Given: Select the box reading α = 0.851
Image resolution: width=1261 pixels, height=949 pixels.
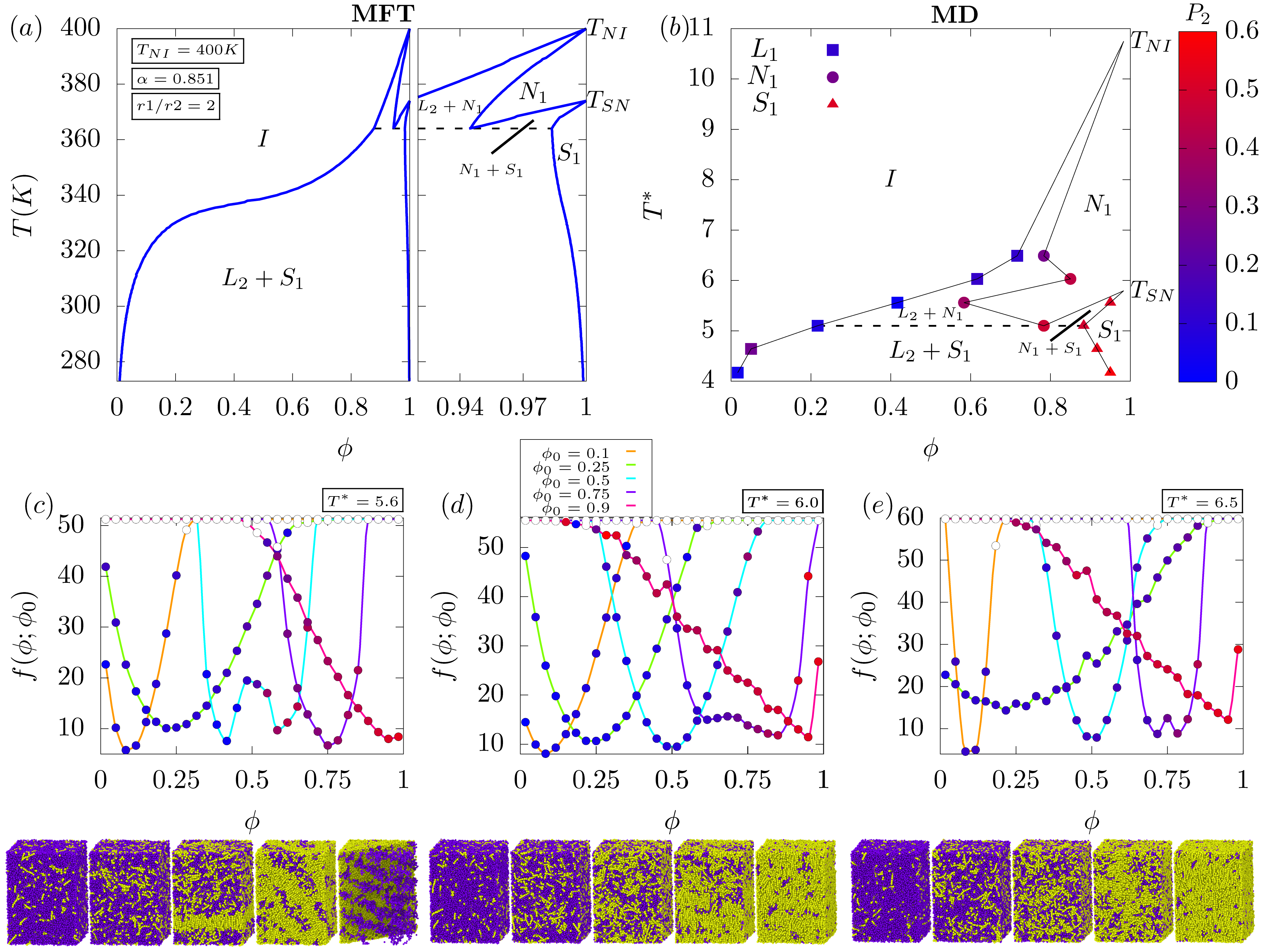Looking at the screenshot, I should pos(175,79).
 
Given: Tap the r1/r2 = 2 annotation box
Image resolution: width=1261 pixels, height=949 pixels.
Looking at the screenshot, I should pos(175,106).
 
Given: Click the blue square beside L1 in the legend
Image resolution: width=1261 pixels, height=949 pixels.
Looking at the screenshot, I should pos(832,50).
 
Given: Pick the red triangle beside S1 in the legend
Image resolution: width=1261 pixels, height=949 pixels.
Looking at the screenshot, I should pos(832,103).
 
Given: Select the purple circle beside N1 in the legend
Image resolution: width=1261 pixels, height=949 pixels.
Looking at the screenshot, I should pos(832,77).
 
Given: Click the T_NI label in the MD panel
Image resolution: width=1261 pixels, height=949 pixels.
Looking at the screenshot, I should pos(1150,42).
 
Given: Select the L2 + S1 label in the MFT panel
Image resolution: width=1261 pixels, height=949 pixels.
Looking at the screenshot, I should pos(262,279).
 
